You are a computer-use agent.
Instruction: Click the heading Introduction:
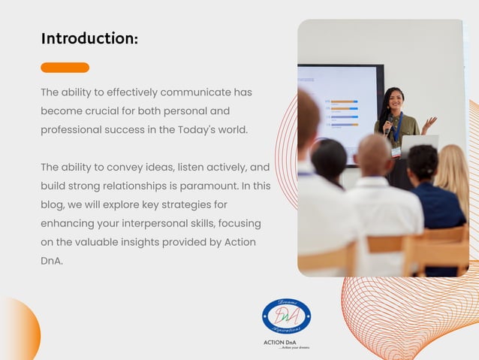tap(89, 38)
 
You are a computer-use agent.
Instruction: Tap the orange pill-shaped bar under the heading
tap(65, 68)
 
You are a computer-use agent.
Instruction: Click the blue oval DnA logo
tap(286, 317)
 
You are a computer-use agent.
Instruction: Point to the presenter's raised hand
tap(430, 122)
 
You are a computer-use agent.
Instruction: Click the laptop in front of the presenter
tap(420, 144)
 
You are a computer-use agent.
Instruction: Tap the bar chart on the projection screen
tap(342, 113)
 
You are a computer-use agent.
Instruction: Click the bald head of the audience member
tap(373, 154)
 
